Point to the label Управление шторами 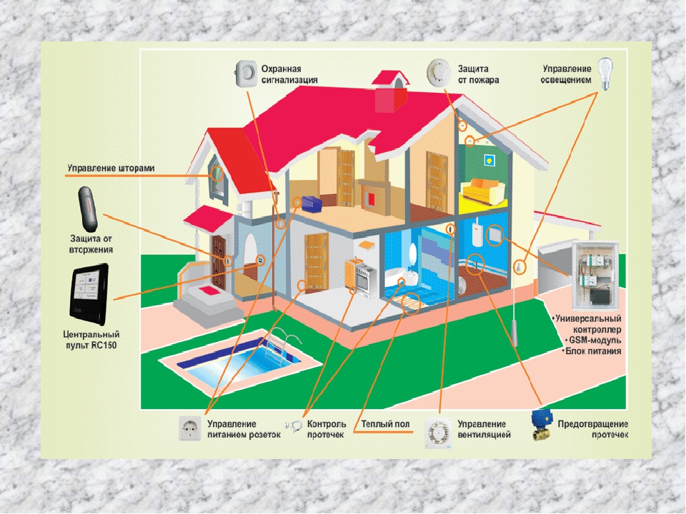click(111, 168)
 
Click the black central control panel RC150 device click(90, 293)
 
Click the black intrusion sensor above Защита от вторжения click(89, 207)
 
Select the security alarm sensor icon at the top click(246, 73)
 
